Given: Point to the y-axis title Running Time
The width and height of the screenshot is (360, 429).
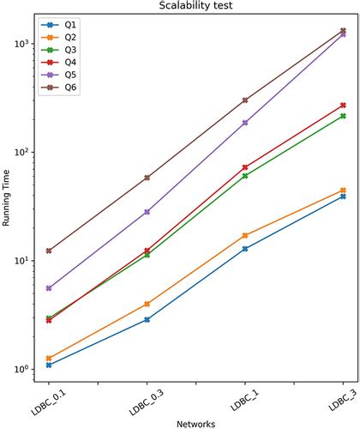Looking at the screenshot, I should (7, 201).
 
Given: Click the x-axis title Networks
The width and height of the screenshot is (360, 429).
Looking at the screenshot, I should (196, 423).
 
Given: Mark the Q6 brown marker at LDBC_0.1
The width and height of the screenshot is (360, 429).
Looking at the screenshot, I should (49, 251).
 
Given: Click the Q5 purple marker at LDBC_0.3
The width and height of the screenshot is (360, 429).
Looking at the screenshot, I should (147, 211).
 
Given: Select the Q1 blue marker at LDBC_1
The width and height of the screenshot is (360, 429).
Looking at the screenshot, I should (245, 249).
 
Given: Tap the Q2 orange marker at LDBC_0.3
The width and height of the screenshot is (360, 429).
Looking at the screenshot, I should (147, 304).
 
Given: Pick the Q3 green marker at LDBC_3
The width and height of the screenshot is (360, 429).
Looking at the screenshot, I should (344, 116).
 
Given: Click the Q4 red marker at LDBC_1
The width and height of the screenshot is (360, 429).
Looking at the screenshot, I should (245, 167).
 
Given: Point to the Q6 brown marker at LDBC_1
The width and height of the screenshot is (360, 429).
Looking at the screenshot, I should (245, 100).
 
